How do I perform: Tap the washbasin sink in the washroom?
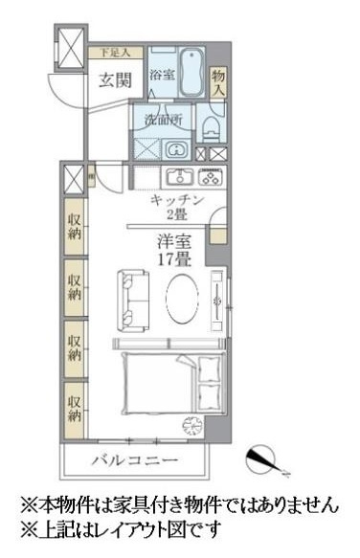tap(177, 149)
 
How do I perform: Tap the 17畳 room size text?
tap(173, 257)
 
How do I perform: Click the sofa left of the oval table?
tap(130, 298)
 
